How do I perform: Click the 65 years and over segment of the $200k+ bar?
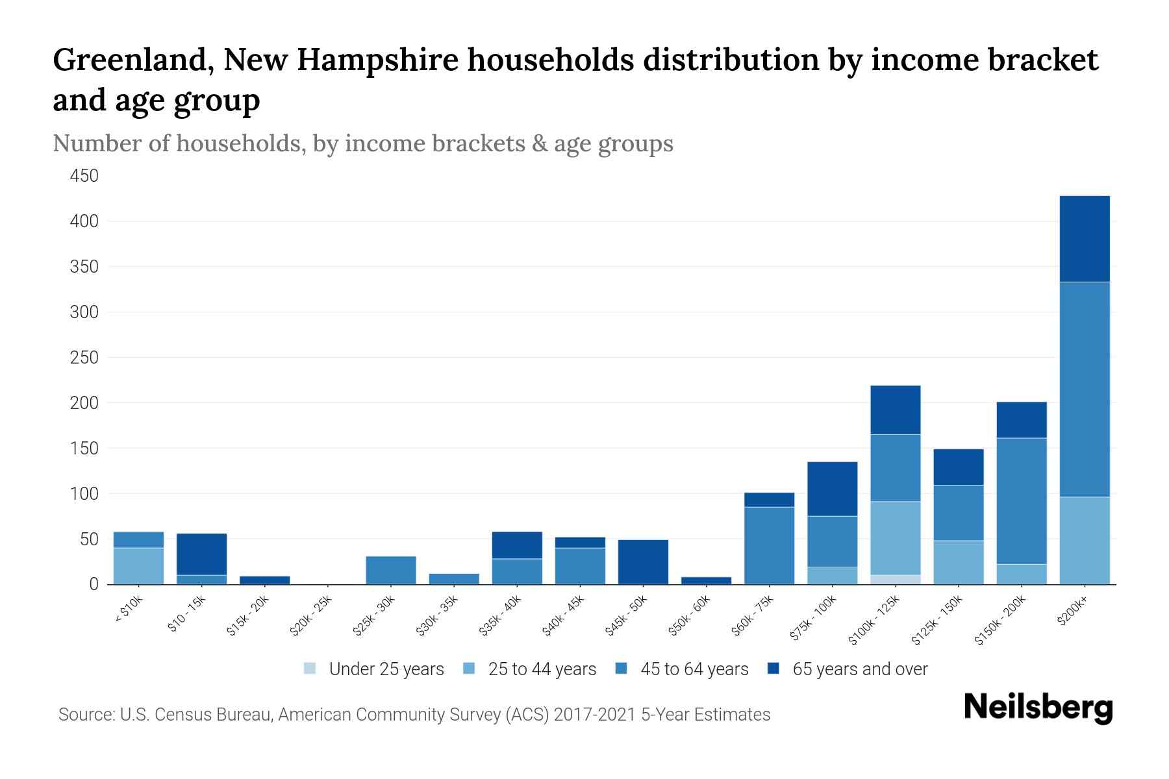click(x=1084, y=238)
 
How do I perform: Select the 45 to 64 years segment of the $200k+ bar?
click(x=1084, y=389)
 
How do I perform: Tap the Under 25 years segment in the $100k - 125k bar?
click(x=896, y=579)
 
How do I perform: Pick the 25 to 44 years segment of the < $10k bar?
click(x=138, y=565)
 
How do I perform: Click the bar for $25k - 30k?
click(x=391, y=570)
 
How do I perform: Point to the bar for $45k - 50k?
click(x=643, y=562)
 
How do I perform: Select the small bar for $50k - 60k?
click(x=706, y=580)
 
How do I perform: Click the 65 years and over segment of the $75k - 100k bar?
click(x=832, y=489)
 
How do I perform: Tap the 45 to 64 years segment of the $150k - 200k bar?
click(x=1021, y=501)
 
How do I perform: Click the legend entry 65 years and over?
click(x=848, y=669)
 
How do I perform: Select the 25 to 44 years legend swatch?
click(x=469, y=669)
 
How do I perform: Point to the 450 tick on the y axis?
click(x=84, y=176)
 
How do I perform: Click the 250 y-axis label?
click(x=84, y=358)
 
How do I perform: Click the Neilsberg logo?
click(x=1038, y=707)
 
